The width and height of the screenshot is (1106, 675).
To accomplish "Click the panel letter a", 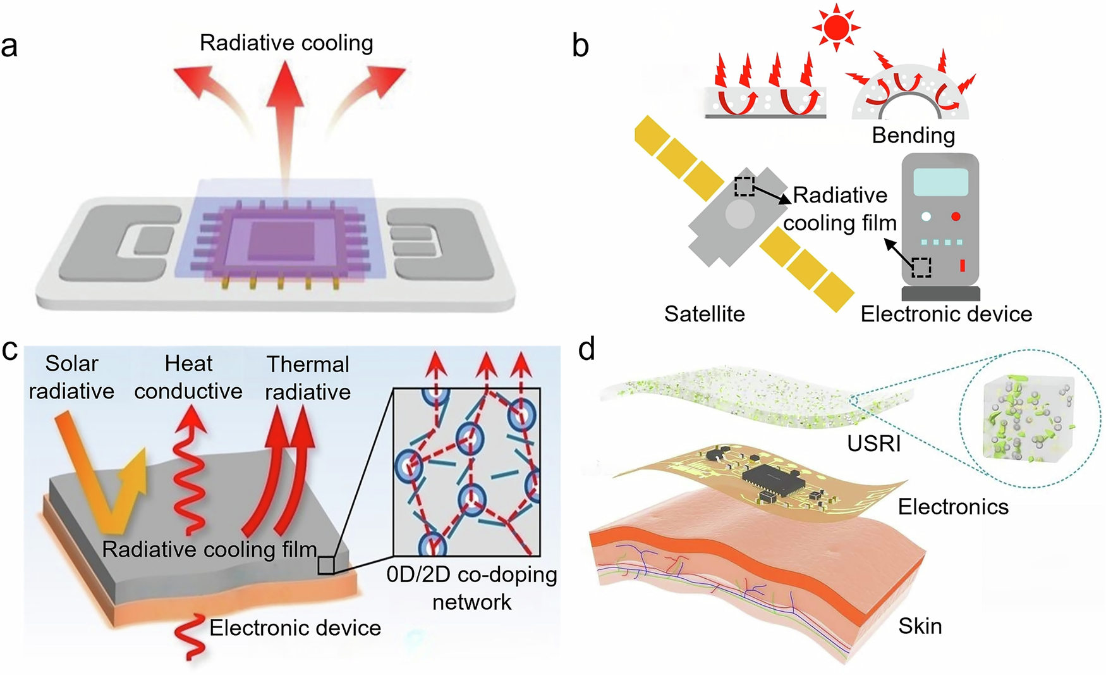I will (x=9, y=46).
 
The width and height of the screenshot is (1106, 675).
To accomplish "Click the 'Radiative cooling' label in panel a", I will (x=286, y=43).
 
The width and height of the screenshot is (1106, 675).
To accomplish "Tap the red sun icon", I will (x=836, y=27).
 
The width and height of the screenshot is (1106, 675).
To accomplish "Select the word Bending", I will (x=913, y=135).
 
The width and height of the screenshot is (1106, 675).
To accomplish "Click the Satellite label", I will (x=704, y=314).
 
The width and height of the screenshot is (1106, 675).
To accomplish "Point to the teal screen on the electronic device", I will (x=940, y=182).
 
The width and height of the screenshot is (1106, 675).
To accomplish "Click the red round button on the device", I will (x=956, y=216).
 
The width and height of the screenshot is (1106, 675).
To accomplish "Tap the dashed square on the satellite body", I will (x=744, y=187).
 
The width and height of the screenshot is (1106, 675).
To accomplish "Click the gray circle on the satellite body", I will (x=739, y=215).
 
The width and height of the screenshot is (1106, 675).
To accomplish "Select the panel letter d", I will (x=586, y=349).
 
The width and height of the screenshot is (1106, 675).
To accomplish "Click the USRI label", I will (x=874, y=443).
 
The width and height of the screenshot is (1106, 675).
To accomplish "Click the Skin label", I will (x=920, y=626).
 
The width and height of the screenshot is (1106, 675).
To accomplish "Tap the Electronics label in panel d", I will (x=953, y=507).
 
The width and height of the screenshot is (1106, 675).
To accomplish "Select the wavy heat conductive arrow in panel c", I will (x=189, y=468).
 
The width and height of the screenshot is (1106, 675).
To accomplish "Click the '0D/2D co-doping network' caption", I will (x=472, y=588).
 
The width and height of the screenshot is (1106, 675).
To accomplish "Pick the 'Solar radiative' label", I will (x=71, y=378).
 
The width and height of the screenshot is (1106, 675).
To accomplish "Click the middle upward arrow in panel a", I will (x=286, y=101).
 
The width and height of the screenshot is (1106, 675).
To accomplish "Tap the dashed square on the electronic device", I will (x=921, y=268).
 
